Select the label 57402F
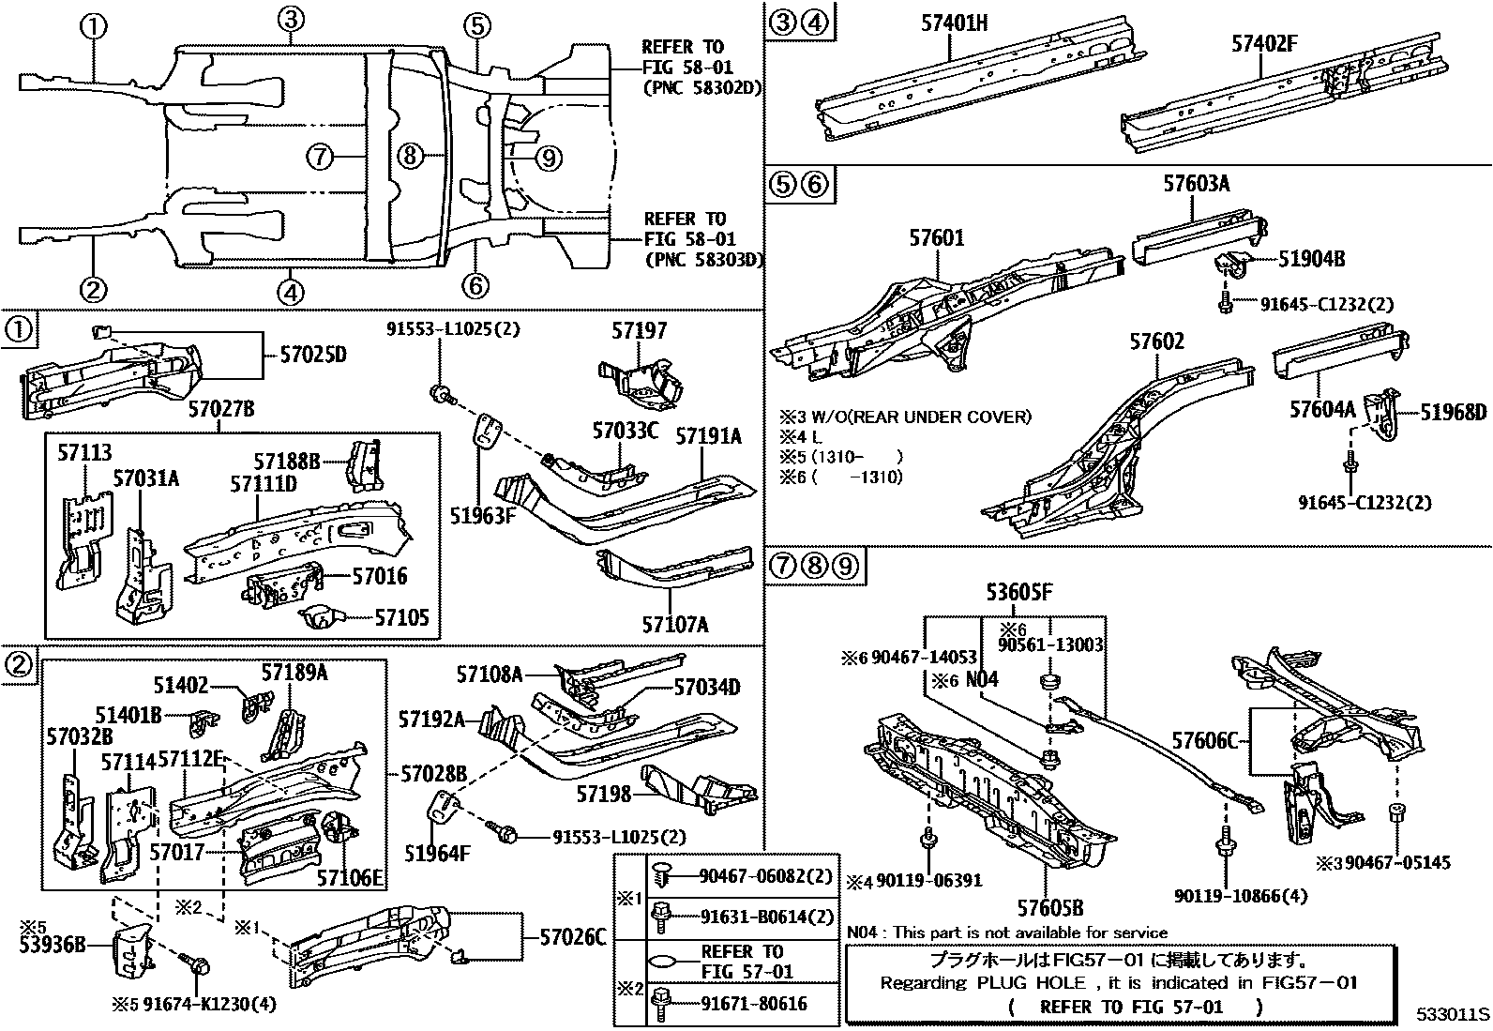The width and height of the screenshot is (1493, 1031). [x=1263, y=42]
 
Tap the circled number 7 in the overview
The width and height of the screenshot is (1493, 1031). [x=320, y=157]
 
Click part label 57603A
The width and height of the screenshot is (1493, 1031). [x=1196, y=184]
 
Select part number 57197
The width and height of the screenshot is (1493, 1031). [x=640, y=330]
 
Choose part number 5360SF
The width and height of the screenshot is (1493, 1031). [x=1018, y=592]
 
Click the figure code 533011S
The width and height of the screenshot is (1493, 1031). [x=1453, y=1015]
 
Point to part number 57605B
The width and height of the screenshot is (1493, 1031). [x=1050, y=907]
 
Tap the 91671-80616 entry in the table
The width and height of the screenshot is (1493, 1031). [x=753, y=1004]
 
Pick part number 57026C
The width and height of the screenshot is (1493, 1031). [x=571, y=936]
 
